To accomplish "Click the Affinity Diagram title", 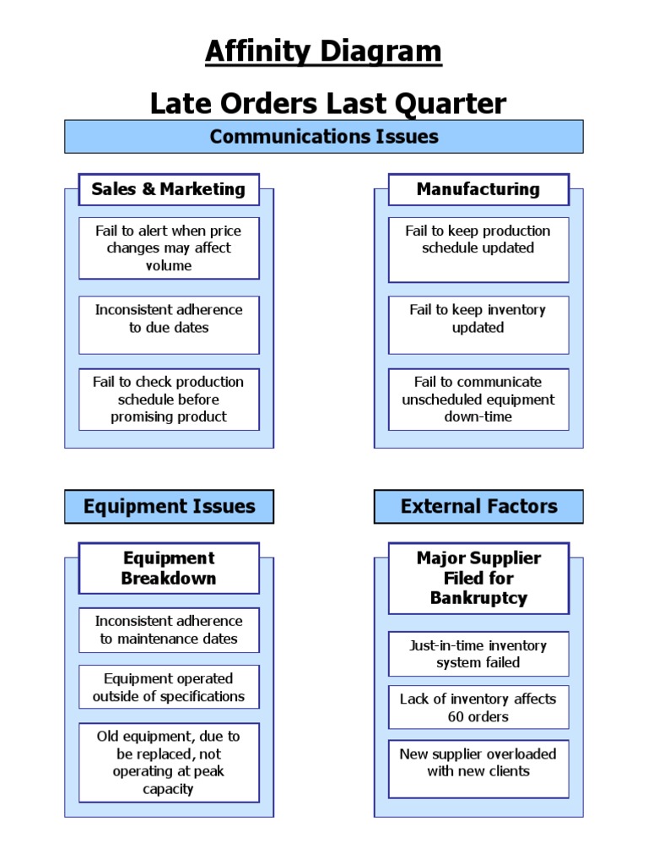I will point(323,52).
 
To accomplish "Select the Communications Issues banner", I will point(323,136).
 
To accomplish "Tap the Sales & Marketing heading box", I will point(169,189).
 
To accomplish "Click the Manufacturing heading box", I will point(478,189).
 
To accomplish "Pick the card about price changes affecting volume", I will point(169,248).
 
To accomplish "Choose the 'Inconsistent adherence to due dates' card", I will point(169,324).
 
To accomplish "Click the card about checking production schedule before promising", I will point(169,400).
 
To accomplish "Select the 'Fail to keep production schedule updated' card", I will point(478,249).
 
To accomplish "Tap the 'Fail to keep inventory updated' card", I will point(478,324).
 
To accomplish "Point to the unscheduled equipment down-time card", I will point(478,400).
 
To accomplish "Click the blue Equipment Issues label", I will point(169,507).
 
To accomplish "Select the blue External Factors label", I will point(478,507).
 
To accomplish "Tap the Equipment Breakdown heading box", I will point(169,569).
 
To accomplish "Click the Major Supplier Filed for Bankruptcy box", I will point(478,579).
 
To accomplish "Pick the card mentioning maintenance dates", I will point(169,630).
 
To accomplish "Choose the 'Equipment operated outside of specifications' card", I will point(169,687).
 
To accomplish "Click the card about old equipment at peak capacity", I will point(169,763).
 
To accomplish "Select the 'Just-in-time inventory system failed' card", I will point(478,654).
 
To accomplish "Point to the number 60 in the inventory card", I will point(456,717).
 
